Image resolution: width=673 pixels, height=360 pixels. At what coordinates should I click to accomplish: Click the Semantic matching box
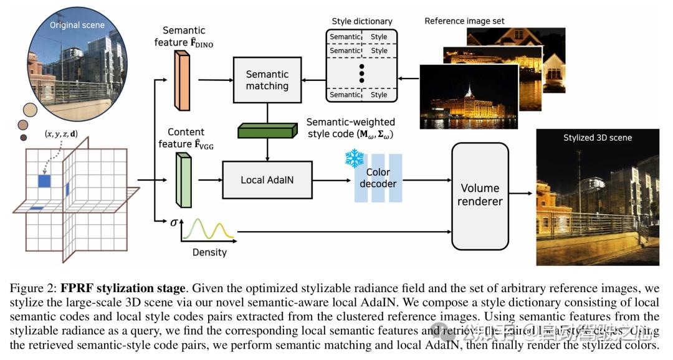[267, 79]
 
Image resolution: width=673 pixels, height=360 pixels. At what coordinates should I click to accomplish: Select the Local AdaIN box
[267, 180]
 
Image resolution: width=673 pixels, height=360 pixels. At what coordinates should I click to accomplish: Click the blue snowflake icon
[355, 158]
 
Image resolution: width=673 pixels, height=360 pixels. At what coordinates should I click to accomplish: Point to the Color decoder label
[378, 178]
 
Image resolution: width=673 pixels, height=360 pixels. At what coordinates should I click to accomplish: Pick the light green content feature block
[183, 180]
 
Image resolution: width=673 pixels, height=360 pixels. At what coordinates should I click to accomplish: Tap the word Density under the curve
[209, 252]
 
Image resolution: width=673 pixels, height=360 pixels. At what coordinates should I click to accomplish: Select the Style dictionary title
[362, 21]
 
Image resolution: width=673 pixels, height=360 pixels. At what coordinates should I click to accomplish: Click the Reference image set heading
[464, 21]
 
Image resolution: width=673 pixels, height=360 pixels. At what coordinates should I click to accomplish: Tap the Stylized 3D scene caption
[597, 138]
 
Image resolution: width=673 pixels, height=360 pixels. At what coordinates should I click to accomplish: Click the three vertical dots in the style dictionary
[361, 72]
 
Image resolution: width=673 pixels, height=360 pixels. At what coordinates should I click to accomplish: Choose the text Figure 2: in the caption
[32, 288]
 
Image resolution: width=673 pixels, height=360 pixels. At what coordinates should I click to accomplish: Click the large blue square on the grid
[44, 181]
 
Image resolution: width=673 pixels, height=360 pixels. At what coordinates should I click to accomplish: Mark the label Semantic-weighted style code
[350, 122]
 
